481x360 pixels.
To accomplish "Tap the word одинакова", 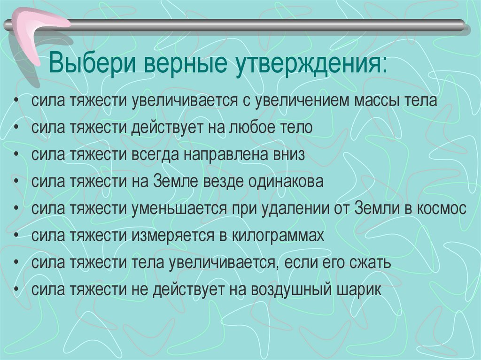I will point(287,182).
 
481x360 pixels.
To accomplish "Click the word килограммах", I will point(278,236).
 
